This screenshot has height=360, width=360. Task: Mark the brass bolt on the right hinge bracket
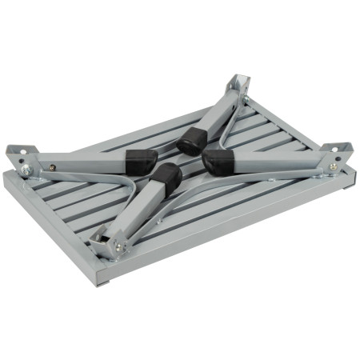[x=333, y=166]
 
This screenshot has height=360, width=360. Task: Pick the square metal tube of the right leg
[x=276, y=164]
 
